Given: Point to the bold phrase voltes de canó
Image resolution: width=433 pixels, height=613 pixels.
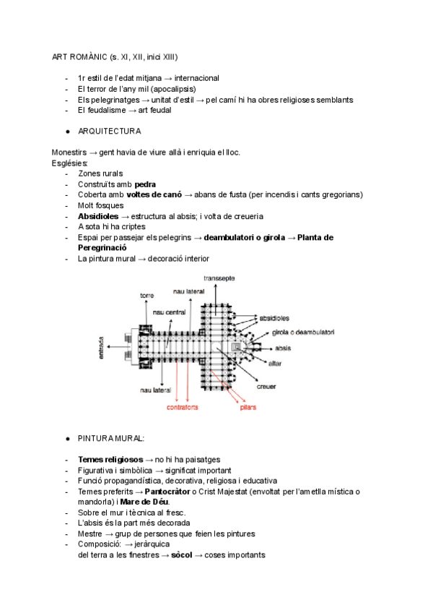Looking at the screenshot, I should [154, 195].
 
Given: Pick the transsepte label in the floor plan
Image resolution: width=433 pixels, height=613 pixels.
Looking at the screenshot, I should [219, 278].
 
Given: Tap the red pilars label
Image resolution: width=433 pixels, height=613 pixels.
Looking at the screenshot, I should [248, 408].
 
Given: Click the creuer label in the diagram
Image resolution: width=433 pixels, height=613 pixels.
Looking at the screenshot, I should [267, 386].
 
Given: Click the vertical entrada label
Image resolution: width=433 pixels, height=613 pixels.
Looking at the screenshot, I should [102, 346].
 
